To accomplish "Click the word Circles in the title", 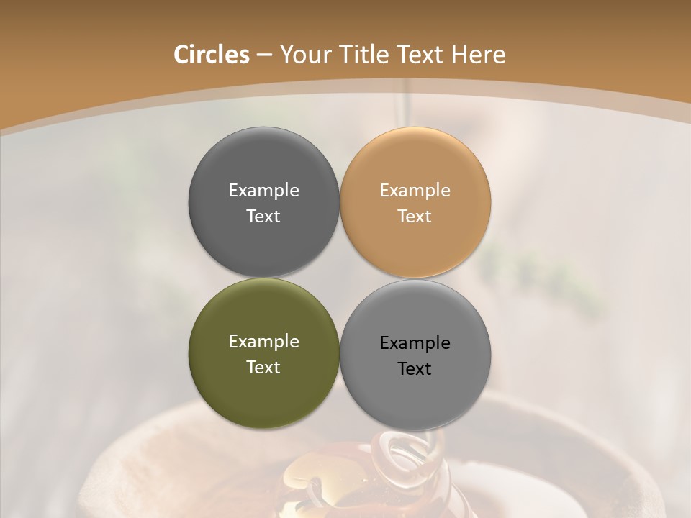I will coord(211,55).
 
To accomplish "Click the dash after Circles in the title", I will coord(264,55).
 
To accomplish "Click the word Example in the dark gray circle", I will coord(263,190).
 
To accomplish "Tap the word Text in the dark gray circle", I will coord(263,216).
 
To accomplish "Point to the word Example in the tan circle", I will coord(415,190).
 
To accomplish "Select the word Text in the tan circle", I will coord(415,216).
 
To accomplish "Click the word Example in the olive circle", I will coord(263,341).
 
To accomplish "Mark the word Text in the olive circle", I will coord(263,367).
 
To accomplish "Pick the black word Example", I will coord(415,342).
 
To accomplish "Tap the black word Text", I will coord(415,368).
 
